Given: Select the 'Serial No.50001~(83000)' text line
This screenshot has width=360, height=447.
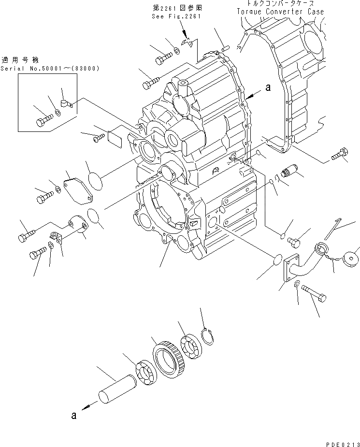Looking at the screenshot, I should (50, 68).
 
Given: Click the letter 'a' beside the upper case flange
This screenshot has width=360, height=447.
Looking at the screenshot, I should (267, 88).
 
